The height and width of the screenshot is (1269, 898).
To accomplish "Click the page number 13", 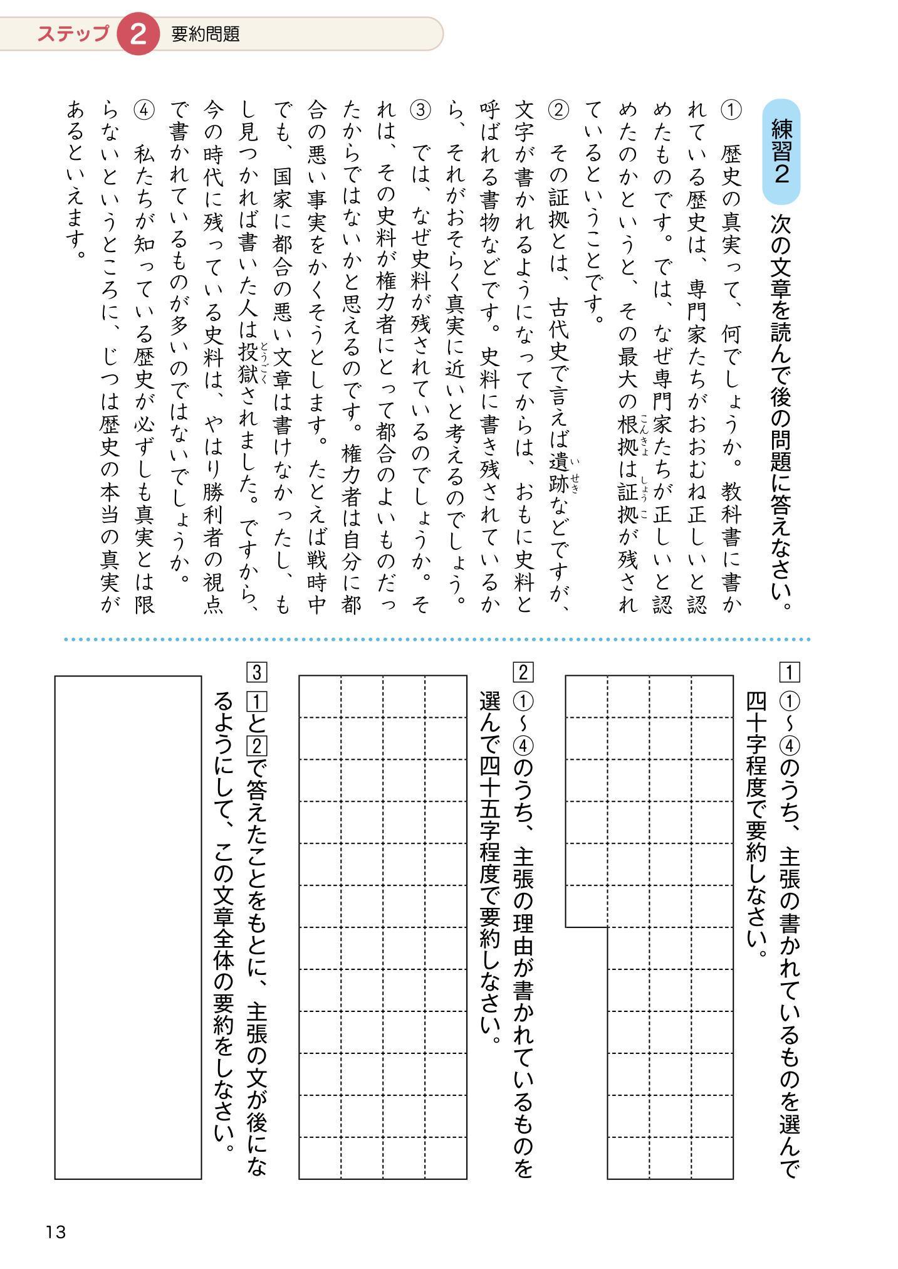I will pyautogui.click(x=56, y=1232).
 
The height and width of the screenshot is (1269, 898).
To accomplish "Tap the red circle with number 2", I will pyautogui.click(x=137, y=34).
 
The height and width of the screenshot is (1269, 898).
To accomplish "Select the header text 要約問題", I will pyautogui.click(x=206, y=34).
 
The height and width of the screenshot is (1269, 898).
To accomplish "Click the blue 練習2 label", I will pyautogui.click(x=781, y=152).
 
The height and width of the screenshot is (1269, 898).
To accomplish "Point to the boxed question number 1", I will pyautogui.click(x=790, y=673).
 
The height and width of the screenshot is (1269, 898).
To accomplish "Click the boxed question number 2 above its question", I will pyautogui.click(x=522, y=673).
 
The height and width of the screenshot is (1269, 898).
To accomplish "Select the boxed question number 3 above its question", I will pyautogui.click(x=257, y=673).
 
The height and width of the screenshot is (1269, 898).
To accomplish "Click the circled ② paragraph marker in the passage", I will pyautogui.click(x=557, y=111).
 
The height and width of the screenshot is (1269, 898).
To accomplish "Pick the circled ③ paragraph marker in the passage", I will pyautogui.click(x=419, y=111).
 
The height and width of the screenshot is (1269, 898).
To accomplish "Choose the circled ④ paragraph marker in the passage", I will pyautogui.click(x=144, y=111).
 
